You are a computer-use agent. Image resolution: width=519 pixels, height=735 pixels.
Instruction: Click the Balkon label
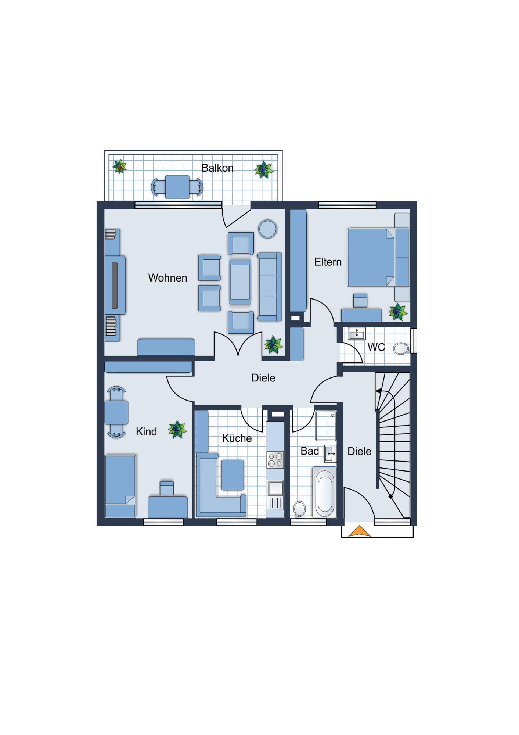[x=217, y=168]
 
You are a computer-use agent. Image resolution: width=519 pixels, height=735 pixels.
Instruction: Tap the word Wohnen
[x=167, y=277]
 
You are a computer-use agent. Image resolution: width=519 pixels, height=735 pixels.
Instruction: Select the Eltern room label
[x=328, y=262]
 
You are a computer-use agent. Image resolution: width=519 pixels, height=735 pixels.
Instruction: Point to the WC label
[x=376, y=347]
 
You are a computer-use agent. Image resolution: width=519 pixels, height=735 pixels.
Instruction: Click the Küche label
[x=237, y=438]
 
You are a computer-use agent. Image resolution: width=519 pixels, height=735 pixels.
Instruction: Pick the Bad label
[x=310, y=451]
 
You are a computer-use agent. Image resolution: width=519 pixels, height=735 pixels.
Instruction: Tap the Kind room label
[x=146, y=431]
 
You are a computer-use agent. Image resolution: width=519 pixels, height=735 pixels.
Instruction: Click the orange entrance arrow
[x=359, y=531]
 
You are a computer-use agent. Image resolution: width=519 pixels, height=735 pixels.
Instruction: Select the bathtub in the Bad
[x=324, y=492]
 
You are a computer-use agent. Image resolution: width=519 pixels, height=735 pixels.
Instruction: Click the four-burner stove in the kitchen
[x=275, y=460]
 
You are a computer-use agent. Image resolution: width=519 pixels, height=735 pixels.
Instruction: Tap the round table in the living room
[x=268, y=229]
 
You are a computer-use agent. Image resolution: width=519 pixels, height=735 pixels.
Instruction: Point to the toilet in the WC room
[x=401, y=348]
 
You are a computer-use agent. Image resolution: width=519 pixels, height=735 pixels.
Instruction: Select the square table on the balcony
[x=177, y=187]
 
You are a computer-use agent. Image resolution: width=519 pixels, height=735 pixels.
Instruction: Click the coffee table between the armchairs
[x=240, y=282]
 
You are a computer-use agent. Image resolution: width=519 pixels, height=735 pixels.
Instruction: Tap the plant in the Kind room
[x=177, y=429]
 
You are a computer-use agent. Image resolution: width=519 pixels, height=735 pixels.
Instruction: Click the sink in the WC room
[x=356, y=334]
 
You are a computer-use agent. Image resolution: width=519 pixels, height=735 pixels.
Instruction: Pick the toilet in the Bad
[x=300, y=509]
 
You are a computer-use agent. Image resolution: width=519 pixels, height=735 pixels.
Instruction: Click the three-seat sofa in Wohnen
[x=270, y=287]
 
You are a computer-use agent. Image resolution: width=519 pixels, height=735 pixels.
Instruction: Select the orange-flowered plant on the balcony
[x=119, y=166]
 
